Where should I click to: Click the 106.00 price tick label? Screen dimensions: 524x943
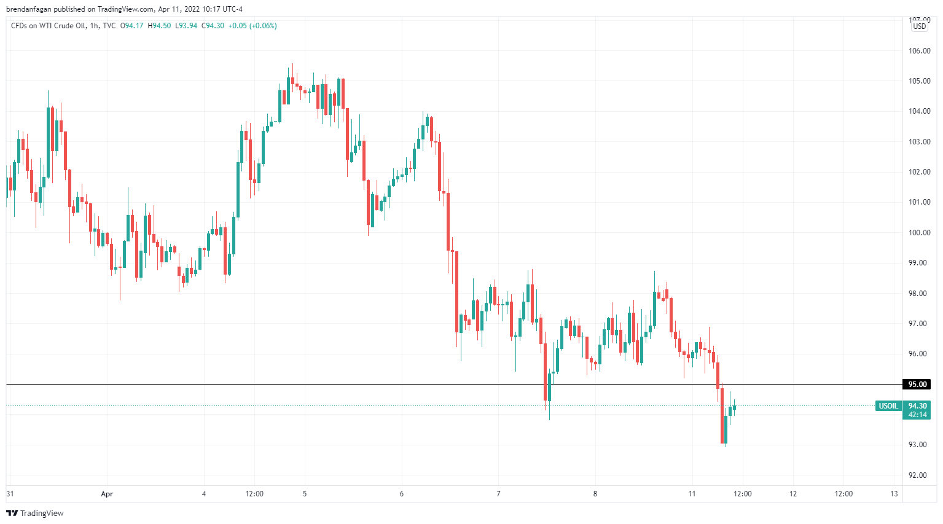pyautogui.click(x=919, y=51)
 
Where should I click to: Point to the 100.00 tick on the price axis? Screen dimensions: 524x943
pyautogui.click(x=919, y=233)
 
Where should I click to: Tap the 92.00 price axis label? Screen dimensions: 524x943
pyautogui.click(x=919, y=475)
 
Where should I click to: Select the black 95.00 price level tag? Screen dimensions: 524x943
pyautogui.click(x=917, y=385)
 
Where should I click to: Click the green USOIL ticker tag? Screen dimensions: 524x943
pyautogui.click(x=888, y=406)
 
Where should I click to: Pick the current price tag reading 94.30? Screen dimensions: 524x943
pyautogui.click(x=917, y=406)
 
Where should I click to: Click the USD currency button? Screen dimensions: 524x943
pyautogui.click(x=920, y=26)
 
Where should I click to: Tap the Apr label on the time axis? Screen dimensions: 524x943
pyautogui.click(x=107, y=494)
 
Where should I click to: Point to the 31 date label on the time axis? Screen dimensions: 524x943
pyautogui.click(x=10, y=494)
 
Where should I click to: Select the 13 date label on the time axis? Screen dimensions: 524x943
pyautogui.click(x=894, y=494)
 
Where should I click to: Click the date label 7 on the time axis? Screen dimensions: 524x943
pyautogui.click(x=498, y=494)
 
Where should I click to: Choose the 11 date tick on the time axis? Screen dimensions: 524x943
pyautogui.click(x=692, y=494)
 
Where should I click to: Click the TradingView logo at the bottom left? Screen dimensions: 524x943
pyautogui.click(x=35, y=513)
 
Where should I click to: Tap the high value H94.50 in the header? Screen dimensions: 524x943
pyautogui.click(x=159, y=26)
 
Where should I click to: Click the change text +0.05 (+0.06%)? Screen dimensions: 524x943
pyautogui.click(x=252, y=26)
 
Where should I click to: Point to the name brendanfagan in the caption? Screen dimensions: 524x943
pyautogui.click(x=29, y=9)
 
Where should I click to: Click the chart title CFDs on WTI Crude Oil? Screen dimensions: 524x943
pyautogui.click(x=48, y=26)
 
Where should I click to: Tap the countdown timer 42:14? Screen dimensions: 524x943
pyautogui.click(x=917, y=415)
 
